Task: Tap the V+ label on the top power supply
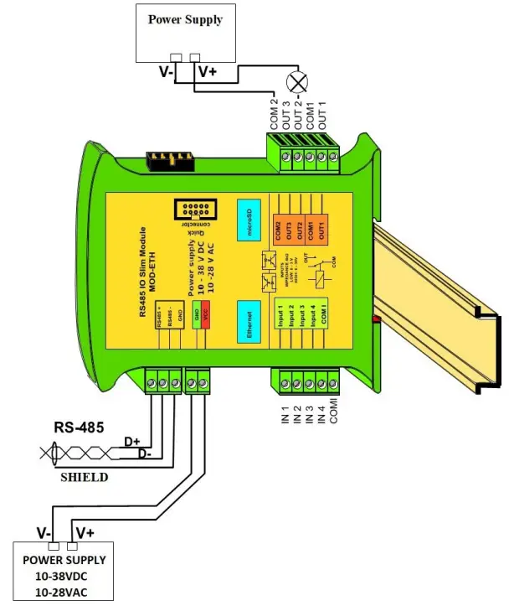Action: (x=208, y=73)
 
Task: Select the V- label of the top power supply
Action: (x=167, y=73)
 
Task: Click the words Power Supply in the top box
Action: (x=186, y=19)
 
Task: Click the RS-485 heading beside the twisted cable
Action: (x=79, y=428)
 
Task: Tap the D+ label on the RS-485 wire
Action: (x=131, y=441)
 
